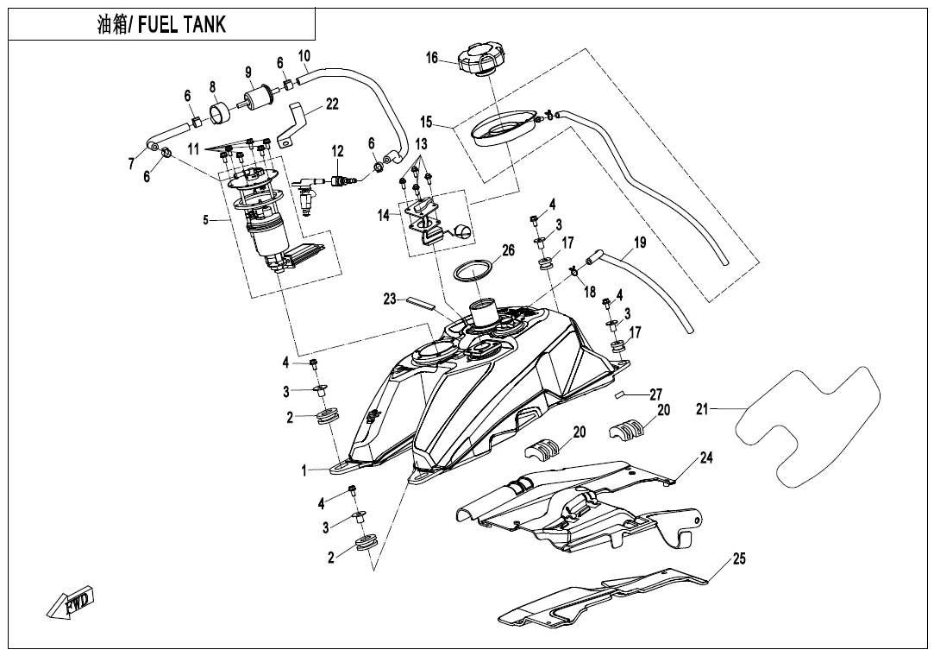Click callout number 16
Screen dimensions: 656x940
tap(432, 58)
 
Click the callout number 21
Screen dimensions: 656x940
tap(701, 409)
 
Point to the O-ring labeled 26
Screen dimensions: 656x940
tap(472, 270)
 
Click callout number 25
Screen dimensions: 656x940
tap(739, 558)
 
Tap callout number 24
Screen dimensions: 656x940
tap(706, 457)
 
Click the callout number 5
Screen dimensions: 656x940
tap(205, 220)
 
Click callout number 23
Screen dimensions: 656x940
tap(390, 299)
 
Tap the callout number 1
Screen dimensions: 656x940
tap(304, 471)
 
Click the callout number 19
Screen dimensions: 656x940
tap(640, 243)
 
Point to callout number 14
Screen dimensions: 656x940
tap(383, 215)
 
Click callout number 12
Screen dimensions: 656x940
tap(338, 151)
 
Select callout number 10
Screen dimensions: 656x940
tap(304, 56)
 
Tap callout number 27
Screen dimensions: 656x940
tap(655, 394)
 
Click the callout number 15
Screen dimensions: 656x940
tap(426, 121)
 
